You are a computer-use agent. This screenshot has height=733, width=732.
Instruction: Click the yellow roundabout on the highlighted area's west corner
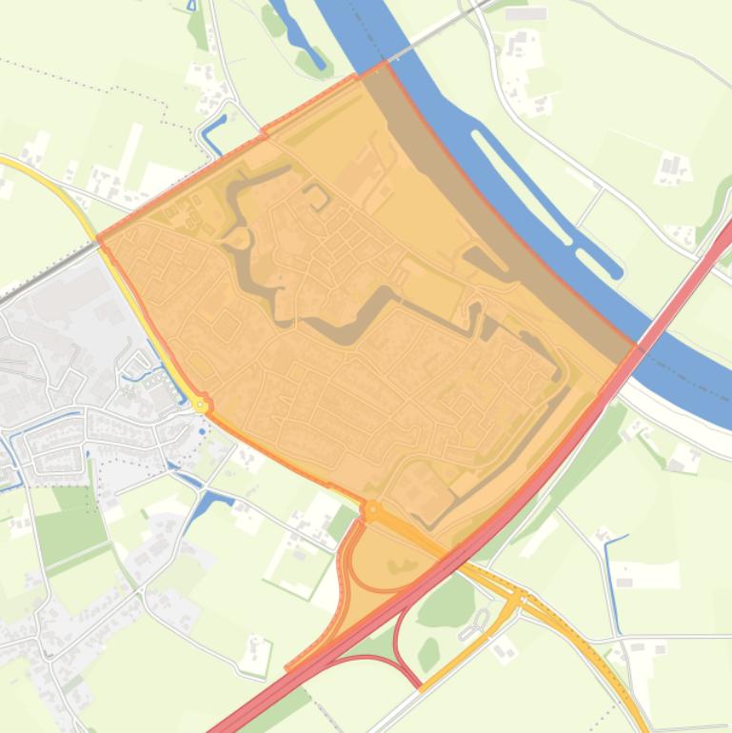tap(201, 405)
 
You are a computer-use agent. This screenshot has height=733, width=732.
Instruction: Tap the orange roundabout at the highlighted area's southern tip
tap(370, 511)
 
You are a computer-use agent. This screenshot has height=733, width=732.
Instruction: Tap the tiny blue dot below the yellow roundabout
tap(201, 431)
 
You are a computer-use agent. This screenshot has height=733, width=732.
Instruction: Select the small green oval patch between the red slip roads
tap(429, 654)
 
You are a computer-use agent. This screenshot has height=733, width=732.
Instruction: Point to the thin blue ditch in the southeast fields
tap(612, 581)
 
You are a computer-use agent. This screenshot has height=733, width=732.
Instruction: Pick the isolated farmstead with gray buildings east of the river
tap(673, 168)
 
